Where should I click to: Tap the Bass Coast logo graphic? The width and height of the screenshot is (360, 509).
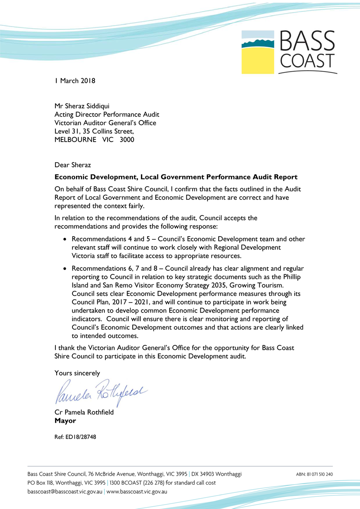pyautogui.click(x=288, y=51)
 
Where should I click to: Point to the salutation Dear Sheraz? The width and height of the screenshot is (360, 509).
pyautogui.click(x=72, y=165)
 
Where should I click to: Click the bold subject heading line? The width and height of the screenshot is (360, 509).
pyautogui.click(x=176, y=177)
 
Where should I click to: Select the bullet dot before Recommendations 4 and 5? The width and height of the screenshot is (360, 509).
pyautogui.click(x=66, y=239)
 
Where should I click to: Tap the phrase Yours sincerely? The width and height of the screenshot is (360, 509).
pyautogui.click(x=77, y=373)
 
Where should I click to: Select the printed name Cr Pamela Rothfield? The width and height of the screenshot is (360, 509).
pyautogui.click(x=84, y=413)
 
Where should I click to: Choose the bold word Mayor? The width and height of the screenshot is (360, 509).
pyautogui.click(x=65, y=421)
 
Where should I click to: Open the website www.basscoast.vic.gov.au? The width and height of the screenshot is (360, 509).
pyautogui.click(x=137, y=491)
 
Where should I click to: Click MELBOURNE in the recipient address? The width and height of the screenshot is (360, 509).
pyautogui.click(x=75, y=139)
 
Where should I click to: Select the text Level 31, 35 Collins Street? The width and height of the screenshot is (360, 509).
pyautogui.click(x=94, y=131)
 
